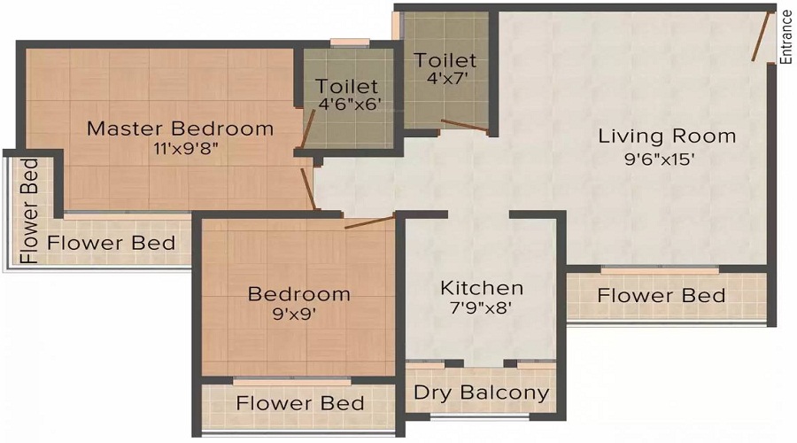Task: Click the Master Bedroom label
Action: [181, 128]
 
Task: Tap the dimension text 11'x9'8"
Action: [186, 149]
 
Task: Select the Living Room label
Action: [667, 136]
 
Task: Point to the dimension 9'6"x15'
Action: [659, 159]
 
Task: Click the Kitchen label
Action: [482, 288]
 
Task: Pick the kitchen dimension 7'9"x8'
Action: [480, 307]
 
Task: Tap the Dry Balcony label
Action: [482, 392]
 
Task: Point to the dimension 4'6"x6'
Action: [349, 105]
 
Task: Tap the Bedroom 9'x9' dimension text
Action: [294, 314]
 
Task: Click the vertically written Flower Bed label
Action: [29, 211]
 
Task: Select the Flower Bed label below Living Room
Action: [662, 296]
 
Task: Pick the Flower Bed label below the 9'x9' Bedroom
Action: [300, 403]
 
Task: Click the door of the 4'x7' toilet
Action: [465, 128]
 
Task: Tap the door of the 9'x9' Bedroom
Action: [369, 222]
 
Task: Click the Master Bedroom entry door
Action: [308, 190]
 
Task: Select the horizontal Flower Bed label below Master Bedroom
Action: [112, 243]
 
